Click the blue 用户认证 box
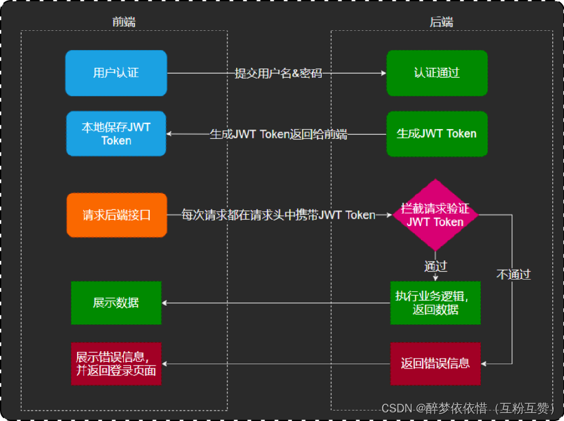116,73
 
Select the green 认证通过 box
436,73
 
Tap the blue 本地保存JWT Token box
116,133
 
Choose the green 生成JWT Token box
436,133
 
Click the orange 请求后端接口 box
116,215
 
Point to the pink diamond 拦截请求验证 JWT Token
435,215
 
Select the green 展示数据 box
116,302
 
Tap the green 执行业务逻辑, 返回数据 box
435,302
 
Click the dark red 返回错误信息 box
435,363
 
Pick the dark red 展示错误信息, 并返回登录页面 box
116,363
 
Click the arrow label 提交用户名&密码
278,73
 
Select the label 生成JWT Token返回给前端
278,134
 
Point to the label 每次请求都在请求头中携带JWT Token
278,215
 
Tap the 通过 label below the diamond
435,266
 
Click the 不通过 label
513,274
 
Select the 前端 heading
124,22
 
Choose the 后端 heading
441,22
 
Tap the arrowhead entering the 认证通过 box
383,73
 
